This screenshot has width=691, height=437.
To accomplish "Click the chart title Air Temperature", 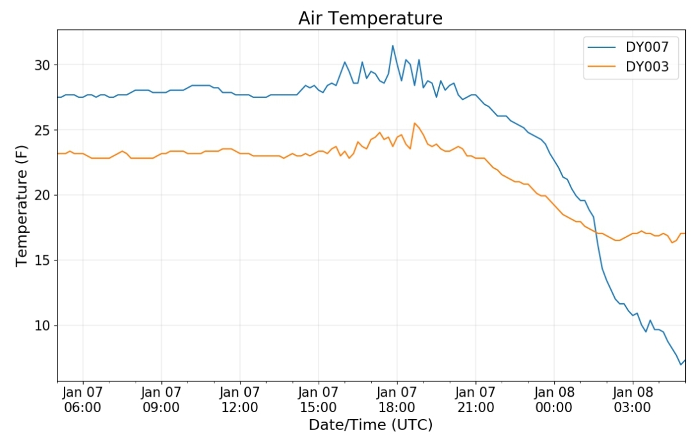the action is [x=370, y=19].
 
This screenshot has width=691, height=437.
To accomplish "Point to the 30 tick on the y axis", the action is [x=42, y=65].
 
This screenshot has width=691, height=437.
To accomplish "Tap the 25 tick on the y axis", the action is [x=42, y=131].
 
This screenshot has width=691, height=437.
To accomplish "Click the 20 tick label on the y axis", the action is [x=42, y=195].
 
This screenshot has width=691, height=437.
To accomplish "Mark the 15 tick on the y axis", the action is [x=42, y=260].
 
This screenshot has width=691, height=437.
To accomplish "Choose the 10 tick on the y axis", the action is [x=42, y=326].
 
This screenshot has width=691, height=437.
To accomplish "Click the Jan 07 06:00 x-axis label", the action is [x=83, y=399].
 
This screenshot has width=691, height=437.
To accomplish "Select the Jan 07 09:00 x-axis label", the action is [x=161, y=399].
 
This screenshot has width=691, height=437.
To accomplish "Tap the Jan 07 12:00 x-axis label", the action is [x=240, y=399].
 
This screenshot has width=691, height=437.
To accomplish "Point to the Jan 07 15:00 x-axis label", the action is [x=318, y=399].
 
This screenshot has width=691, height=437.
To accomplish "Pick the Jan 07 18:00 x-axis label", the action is [x=397, y=399].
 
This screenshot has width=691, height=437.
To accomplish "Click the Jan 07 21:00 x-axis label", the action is [x=475, y=399].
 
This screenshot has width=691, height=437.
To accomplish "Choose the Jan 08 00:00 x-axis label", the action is [x=554, y=399].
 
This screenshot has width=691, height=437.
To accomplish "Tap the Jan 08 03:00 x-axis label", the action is [x=632, y=399].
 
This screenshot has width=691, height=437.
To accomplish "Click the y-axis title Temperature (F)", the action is [x=22, y=206].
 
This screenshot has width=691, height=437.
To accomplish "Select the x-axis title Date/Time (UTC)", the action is [x=370, y=425].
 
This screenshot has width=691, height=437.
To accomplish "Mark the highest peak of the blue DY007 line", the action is [x=393, y=45].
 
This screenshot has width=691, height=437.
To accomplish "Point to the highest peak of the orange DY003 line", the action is [x=414, y=123].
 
